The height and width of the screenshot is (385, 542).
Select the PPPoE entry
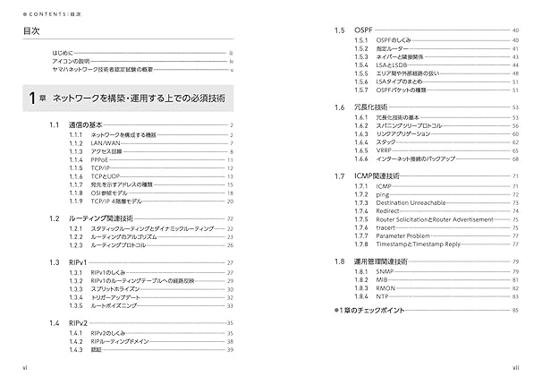(x=101, y=159)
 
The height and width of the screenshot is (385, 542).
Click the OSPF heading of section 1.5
(x=365, y=30)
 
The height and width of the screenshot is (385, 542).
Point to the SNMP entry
(x=385, y=269)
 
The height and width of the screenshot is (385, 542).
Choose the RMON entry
(x=385, y=287)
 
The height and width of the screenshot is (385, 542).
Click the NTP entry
(x=383, y=295)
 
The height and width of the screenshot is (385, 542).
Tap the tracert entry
(x=386, y=228)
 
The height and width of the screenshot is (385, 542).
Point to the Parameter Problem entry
(x=407, y=236)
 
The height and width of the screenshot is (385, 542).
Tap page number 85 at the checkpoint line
(x=515, y=310)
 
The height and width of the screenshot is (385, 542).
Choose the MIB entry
(x=383, y=278)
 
